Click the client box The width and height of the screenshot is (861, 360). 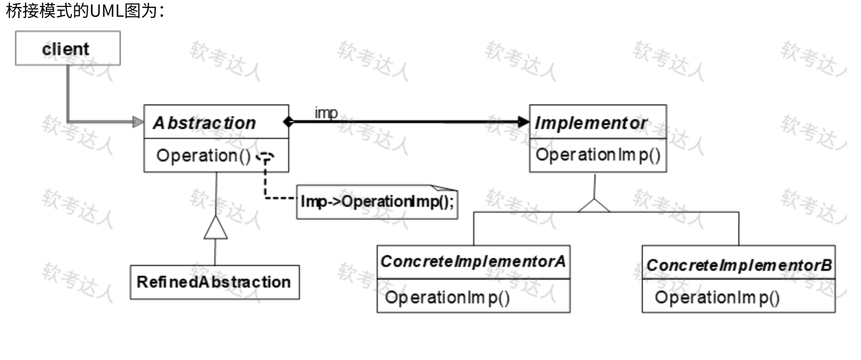tap(67, 48)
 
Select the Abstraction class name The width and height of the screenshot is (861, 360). tap(204, 123)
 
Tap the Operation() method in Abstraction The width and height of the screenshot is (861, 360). tap(203, 156)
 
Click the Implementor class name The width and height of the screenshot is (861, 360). tap(591, 123)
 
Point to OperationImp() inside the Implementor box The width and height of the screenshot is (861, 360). tap(597, 155)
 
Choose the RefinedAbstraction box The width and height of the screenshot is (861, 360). tap(214, 282)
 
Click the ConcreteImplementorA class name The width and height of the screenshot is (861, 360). tap(473, 262)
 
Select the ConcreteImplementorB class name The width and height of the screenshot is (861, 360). tap(738, 265)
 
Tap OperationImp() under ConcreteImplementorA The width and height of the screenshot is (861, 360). tap(447, 297)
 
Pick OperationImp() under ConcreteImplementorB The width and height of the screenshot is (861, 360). tap(717, 297)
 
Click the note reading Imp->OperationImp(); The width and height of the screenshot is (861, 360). tap(377, 202)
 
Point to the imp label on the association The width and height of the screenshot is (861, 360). tap(326, 113)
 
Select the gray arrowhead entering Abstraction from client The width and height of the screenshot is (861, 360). tap(138, 122)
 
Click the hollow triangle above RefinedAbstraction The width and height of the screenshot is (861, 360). tap(216, 228)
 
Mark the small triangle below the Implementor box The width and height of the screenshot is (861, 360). tap(594, 206)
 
